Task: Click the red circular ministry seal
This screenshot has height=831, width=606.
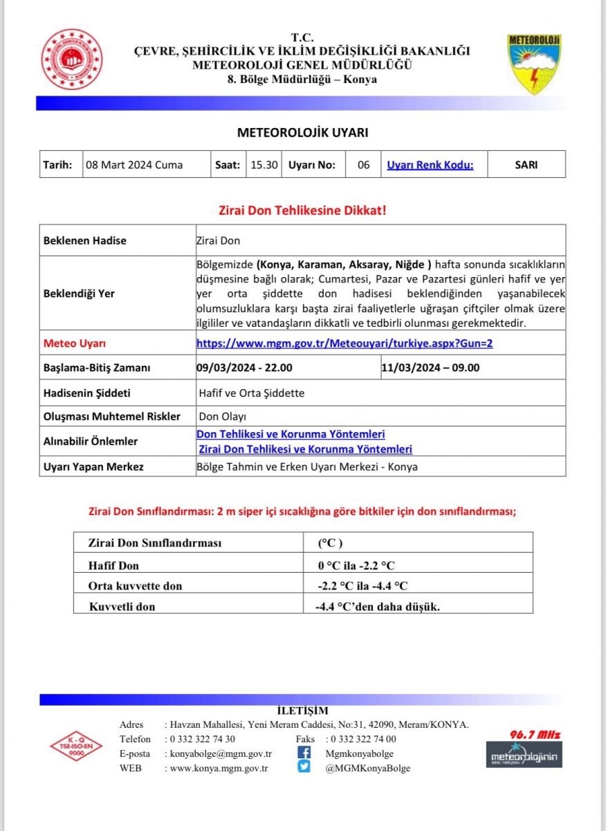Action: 72,60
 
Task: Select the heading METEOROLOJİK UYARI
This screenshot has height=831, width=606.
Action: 303,132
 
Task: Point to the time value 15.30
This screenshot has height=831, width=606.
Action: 264,165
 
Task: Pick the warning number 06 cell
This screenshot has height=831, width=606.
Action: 364,165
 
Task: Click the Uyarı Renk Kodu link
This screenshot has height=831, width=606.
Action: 430,165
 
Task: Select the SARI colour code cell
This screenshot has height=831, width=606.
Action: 526,165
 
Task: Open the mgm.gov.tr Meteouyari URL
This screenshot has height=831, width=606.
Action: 345,343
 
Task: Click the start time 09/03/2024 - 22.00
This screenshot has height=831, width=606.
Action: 244,368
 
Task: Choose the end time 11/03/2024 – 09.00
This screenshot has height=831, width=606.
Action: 430,368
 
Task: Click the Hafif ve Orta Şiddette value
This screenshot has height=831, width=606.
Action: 251,393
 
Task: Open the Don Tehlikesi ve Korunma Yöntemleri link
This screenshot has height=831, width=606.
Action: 291,434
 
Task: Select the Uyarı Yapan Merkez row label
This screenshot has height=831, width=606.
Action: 93,467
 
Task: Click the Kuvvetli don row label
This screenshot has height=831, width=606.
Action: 122,607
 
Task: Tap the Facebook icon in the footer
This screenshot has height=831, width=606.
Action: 304,753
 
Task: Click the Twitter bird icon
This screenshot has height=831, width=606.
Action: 304,767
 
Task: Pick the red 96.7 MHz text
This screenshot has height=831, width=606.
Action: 534,735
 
